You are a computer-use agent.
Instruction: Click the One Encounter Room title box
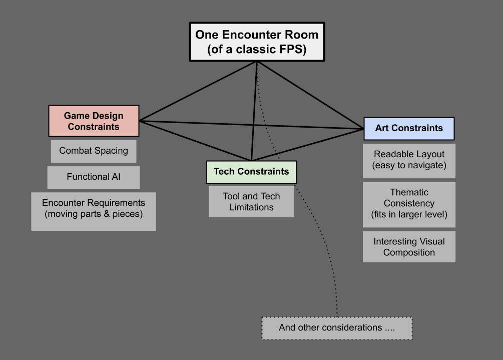click(x=257, y=42)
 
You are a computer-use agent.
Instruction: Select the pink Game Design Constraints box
click(x=94, y=121)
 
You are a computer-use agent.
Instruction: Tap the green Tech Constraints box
click(x=251, y=172)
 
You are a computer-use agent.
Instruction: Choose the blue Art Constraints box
click(x=409, y=128)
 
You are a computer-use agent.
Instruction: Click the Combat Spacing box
click(x=94, y=151)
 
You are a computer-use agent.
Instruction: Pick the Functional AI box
click(x=94, y=177)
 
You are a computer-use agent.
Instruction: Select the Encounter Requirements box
click(x=94, y=211)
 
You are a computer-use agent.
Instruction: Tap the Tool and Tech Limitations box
click(x=251, y=202)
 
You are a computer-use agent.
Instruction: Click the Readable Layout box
click(x=409, y=160)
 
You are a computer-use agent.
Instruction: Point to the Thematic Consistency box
click(x=409, y=204)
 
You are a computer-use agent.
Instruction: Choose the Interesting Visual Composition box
click(x=409, y=246)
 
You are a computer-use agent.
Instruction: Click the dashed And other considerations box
click(x=337, y=328)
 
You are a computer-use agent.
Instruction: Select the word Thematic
click(x=409, y=192)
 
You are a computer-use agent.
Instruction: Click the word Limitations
click(x=251, y=207)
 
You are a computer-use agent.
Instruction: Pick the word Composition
click(x=409, y=252)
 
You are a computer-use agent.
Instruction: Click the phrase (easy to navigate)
click(x=409, y=166)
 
